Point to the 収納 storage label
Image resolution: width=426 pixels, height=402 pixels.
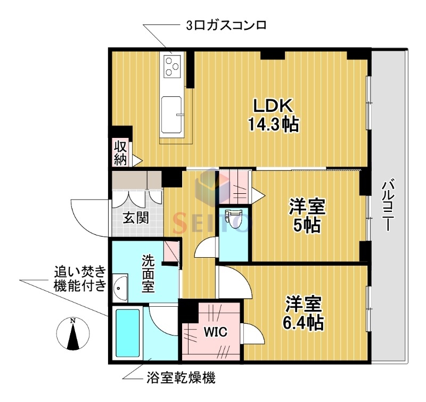pyautogui.click(x=120, y=152)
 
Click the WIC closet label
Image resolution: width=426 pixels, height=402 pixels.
pyautogui.click(x=216, y=332)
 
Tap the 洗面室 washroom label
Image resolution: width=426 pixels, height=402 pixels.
pyautogui.click(x=148, y=273)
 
